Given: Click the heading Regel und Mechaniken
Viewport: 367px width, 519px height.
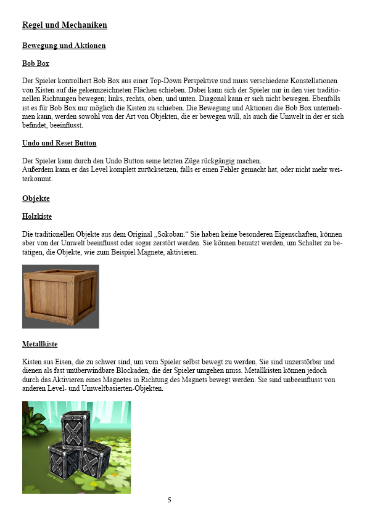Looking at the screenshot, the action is (x=65, y=25).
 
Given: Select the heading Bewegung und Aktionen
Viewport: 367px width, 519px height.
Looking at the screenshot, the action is (x=64, y=46).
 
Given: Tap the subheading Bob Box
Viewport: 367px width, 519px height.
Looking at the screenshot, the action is (x=36, y=63).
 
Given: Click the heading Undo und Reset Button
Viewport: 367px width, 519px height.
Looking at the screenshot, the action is (x=59, y=143).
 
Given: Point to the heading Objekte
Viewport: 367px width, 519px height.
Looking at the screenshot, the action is (x=36, y=198).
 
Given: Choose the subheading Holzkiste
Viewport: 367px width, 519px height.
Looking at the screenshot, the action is (x=37, y=216).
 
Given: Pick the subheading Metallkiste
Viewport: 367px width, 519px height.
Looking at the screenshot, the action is (x=39, y=343).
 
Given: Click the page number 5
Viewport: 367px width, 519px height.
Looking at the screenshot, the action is (x=170, y=500).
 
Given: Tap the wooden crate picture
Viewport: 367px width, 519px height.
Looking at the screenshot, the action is (x=60, y=296).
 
